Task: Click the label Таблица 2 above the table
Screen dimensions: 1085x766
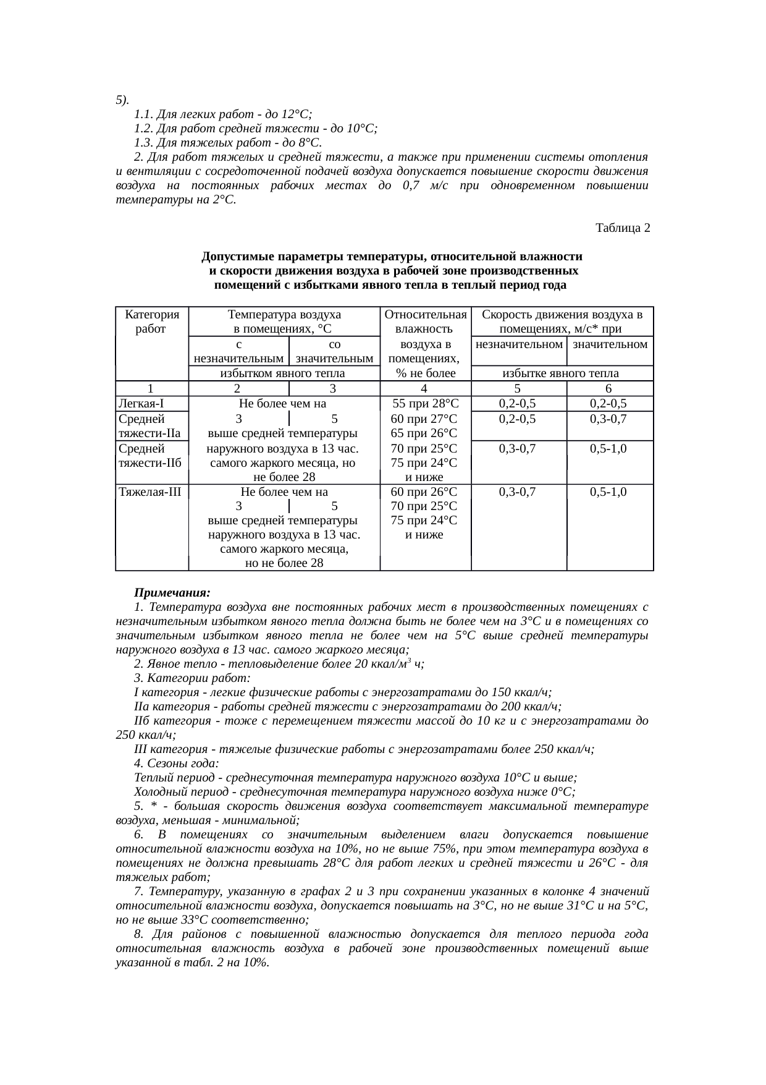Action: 622,228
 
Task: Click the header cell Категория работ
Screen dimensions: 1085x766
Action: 151,321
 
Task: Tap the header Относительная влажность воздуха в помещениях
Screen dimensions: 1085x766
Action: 425,343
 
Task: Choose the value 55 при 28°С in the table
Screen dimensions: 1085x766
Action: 425,404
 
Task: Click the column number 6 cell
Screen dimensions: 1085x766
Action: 608,389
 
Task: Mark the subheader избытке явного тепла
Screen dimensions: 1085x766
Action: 561,373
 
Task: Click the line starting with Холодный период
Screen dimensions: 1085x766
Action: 355,792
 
